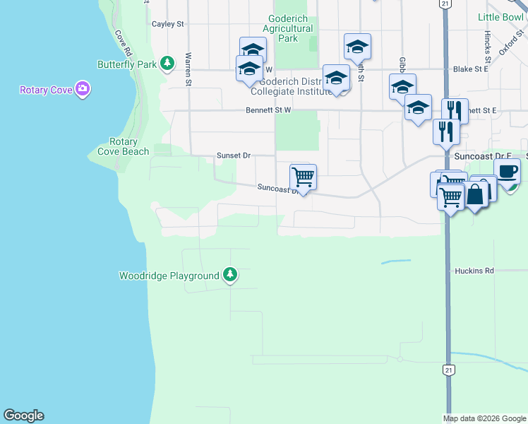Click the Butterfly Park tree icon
167,64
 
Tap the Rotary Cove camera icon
83,89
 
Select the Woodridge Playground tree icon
229,275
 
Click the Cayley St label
168,24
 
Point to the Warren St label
188,68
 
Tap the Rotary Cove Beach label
124,146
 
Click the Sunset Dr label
234,155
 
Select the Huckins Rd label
474,271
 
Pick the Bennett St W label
268,110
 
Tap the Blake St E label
471,69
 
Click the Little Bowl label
500,17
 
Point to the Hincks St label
488,44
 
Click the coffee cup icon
507,171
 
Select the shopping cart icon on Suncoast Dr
303,177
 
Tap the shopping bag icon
476,193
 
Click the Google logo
23,416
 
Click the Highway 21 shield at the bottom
448,370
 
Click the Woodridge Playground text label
169,276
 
